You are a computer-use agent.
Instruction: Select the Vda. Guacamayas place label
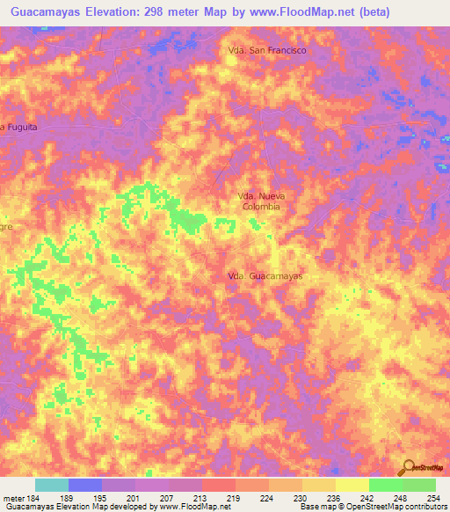click(x=265, y=276)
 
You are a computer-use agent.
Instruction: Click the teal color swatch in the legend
click(x=52, y=485)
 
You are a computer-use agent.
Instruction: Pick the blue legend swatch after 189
click(x=85, y=485)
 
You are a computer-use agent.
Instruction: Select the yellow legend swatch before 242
click(x=352, y=485)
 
